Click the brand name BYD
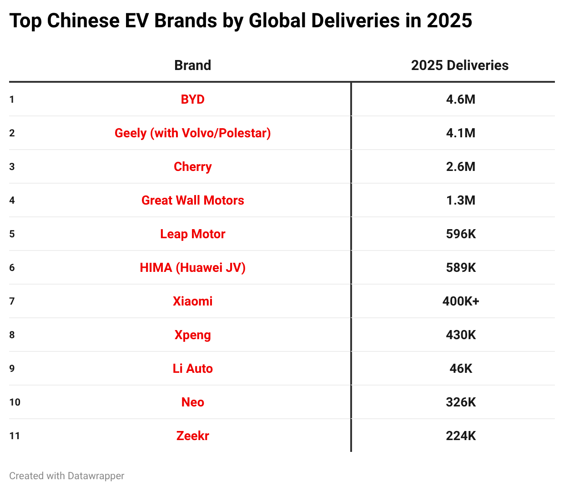[192, 100]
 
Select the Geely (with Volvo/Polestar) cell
[192, 133]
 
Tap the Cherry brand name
[192, 167]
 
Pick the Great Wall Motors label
[192, 200]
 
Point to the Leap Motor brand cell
[192, 234]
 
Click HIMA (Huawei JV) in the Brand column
[192, 268]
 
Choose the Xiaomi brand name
[192, 301]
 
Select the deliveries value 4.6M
[460, 100]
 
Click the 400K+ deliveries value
[460, 301]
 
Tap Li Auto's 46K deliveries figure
[460, 369]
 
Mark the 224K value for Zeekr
[460, 436]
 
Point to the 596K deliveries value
[460, 234]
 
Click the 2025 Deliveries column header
[459, 65]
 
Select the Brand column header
[192, 65]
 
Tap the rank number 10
[15, 402]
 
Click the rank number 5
[12, 234]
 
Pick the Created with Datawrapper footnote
[66, 476]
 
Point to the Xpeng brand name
[192, 335]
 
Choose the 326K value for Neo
[460, 402]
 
